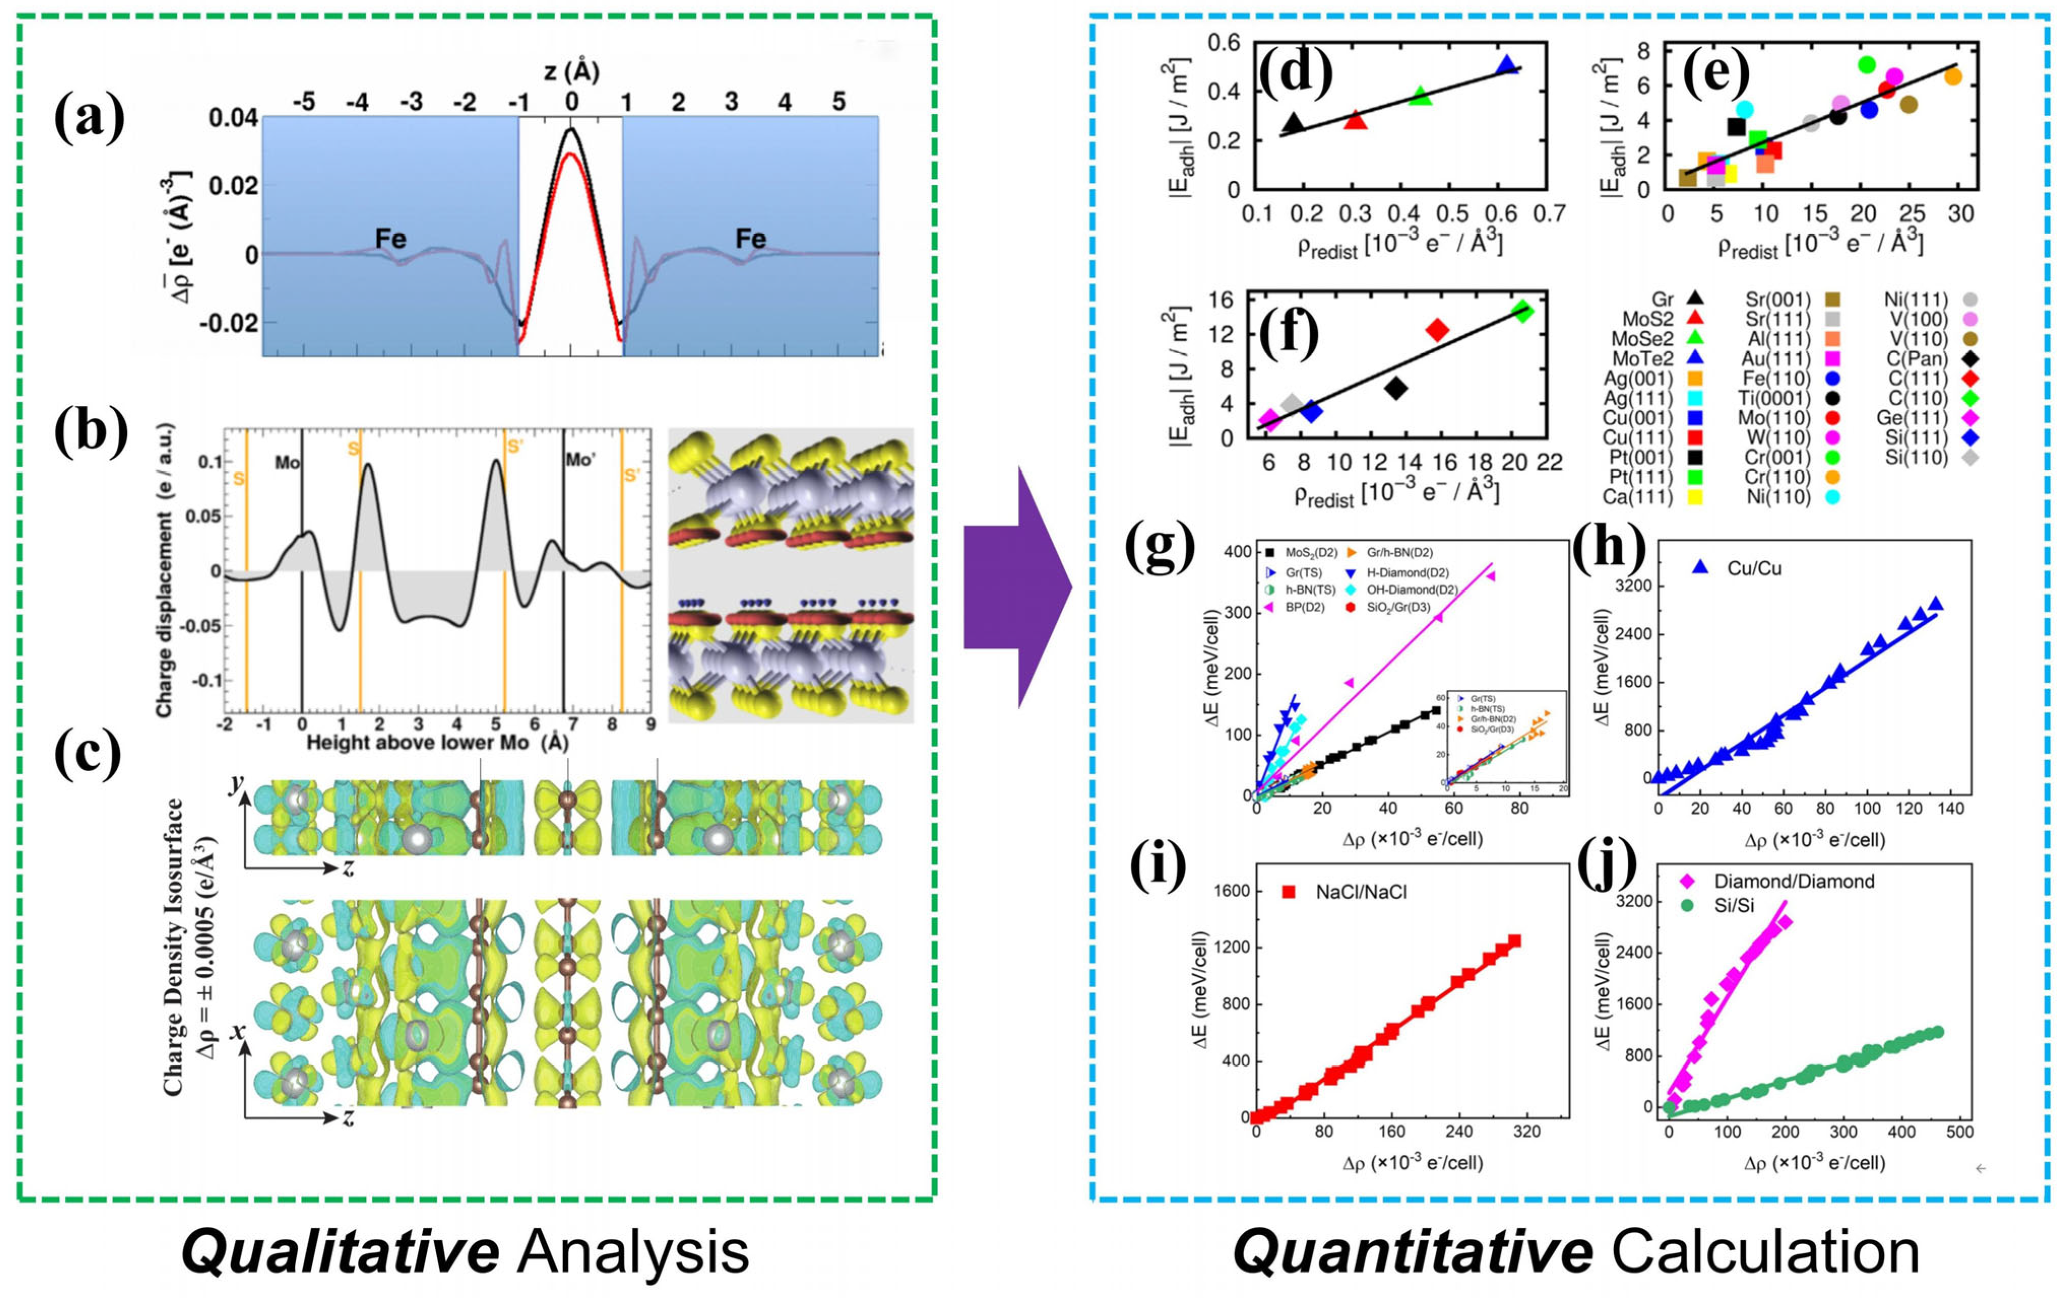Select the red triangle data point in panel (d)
1355,120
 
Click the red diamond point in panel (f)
1437,330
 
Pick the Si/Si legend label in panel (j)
1733,905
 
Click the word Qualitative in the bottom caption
341,1252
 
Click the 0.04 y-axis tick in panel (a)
233,117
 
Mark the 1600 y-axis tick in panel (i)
1231,891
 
